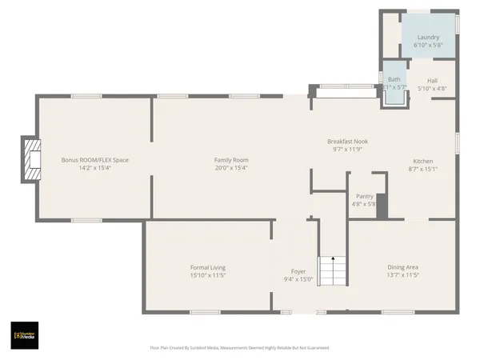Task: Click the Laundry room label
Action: click(426, 37)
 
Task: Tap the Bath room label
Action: click(394, 79)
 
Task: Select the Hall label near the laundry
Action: click(432, 80)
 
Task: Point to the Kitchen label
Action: click(422, 161)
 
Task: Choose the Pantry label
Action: click(364, 196)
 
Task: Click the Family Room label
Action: click(230, 160)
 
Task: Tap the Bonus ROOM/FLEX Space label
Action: click(94, 160)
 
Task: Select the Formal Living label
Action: click(207, 267)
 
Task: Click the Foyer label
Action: click(298, 271)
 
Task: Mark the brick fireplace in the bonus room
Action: click(31, 159)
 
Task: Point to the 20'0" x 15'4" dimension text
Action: click(230, 168)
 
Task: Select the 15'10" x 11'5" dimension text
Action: click(207, 275)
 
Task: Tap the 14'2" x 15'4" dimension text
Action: click(94, 168)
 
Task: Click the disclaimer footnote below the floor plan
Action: click(239, 348)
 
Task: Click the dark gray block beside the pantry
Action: click(382, 206)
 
